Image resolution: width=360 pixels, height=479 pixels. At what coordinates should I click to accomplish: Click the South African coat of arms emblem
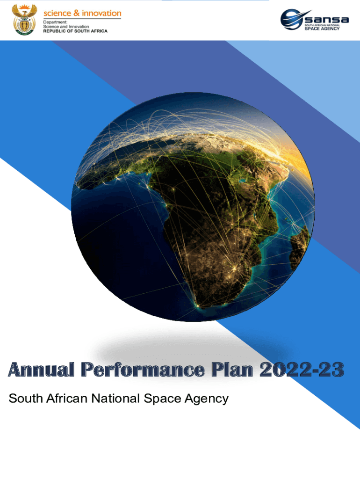click(24, 20)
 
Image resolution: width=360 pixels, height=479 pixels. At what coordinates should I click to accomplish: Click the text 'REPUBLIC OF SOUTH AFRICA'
click(75, 31)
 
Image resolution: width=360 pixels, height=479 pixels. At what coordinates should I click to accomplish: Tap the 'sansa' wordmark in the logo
click(327, 19)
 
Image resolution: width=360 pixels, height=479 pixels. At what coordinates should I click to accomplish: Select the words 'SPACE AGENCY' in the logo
click(322, 29)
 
